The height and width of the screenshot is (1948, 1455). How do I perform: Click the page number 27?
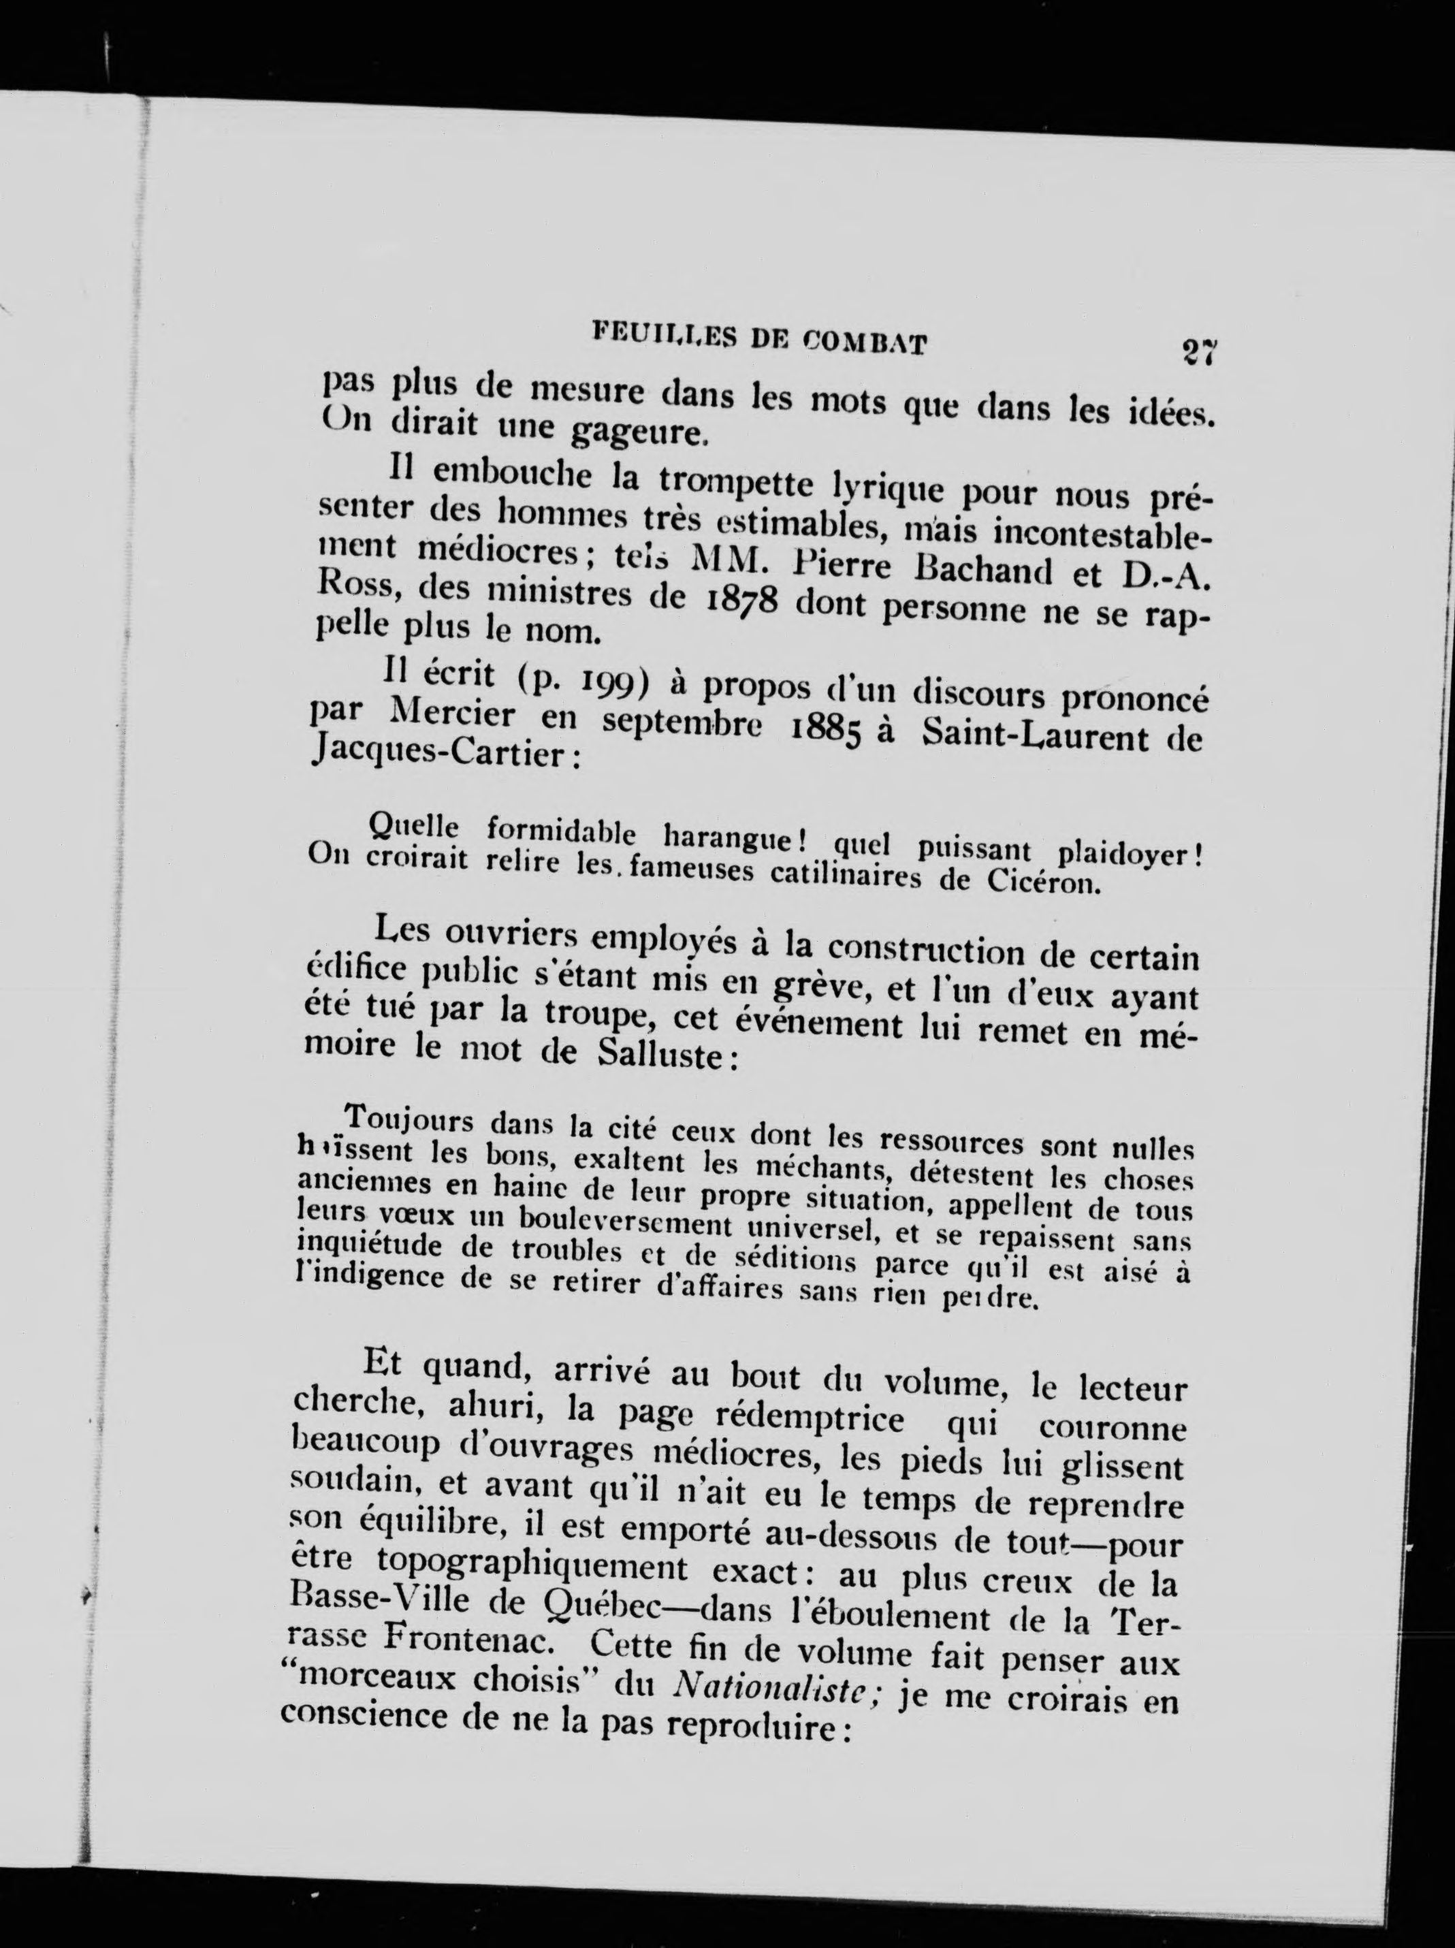coord(1199,351)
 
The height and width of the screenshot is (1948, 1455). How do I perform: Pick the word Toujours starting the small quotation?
coord(411,1123)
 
